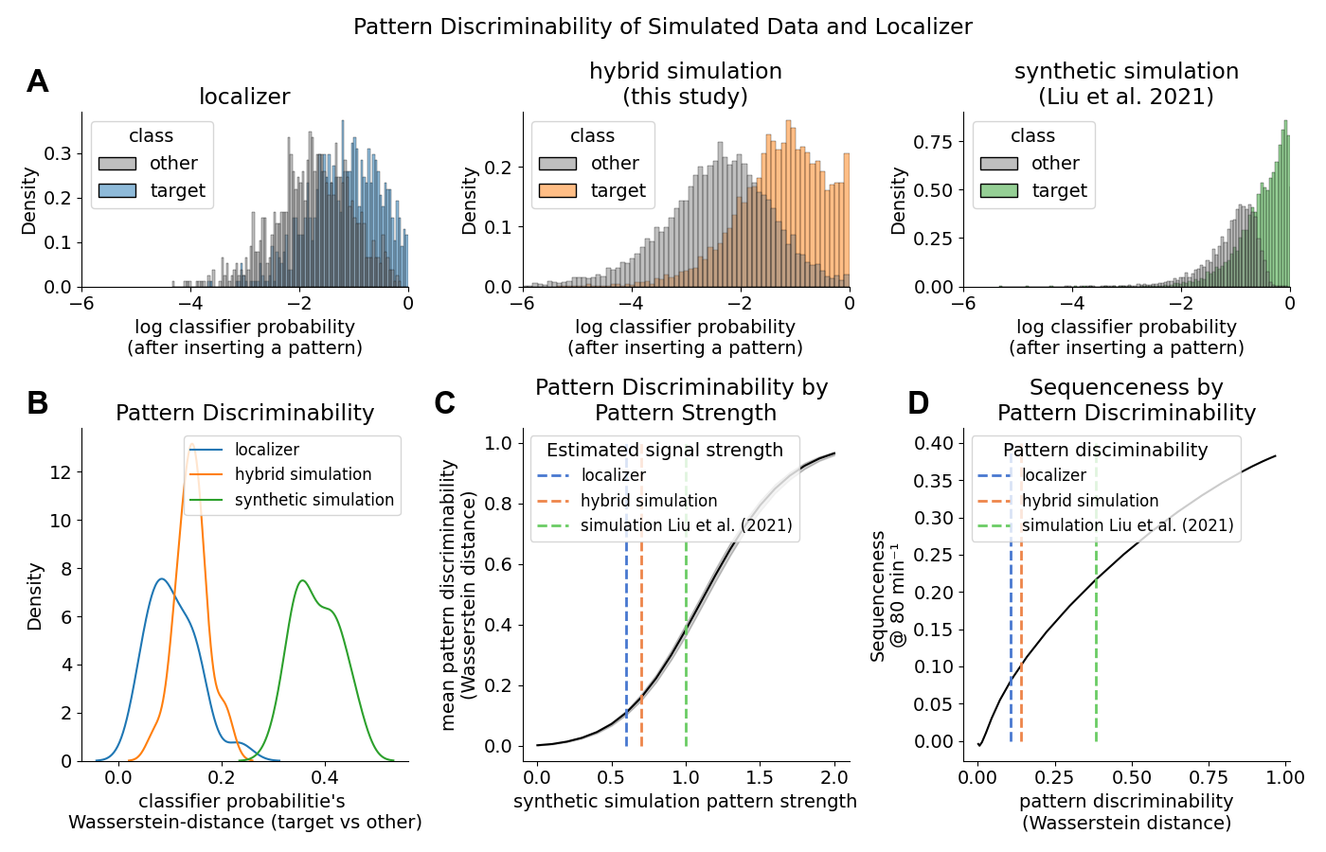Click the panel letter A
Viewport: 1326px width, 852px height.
coord(37,82)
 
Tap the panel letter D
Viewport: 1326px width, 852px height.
coord(918,403)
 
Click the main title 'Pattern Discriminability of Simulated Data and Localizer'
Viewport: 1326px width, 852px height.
coord(662,27)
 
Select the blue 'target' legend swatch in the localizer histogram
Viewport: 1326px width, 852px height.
coord(117,191)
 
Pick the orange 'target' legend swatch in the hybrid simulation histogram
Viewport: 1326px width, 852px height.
coord(558,191)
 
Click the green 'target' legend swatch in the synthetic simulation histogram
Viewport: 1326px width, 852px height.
coord(999,191)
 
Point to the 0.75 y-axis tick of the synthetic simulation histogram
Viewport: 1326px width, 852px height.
coord(934,142)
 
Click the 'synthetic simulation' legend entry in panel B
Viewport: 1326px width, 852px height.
coord(314,500)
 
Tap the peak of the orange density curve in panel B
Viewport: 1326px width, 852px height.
coord(191,444)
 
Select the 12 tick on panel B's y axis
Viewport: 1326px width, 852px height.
coord(61,472)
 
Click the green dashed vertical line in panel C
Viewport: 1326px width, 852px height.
coord(686,644)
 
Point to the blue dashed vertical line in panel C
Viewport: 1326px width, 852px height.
coord(626,644)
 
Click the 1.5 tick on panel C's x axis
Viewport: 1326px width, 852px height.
coord(760,777)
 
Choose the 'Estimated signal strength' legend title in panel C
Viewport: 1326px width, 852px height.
coord(664,451)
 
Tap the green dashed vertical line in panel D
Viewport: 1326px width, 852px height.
coord(1096,644)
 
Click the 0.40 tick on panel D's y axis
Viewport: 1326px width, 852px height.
coord(934,443)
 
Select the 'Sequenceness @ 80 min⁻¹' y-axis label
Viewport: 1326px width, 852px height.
coord(887,596)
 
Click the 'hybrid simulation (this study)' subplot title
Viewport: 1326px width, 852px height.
coord(685,83)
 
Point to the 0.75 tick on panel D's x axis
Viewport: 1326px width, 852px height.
coord(1209,777)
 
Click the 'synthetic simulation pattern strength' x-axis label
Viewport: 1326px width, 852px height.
coord(685,802)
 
